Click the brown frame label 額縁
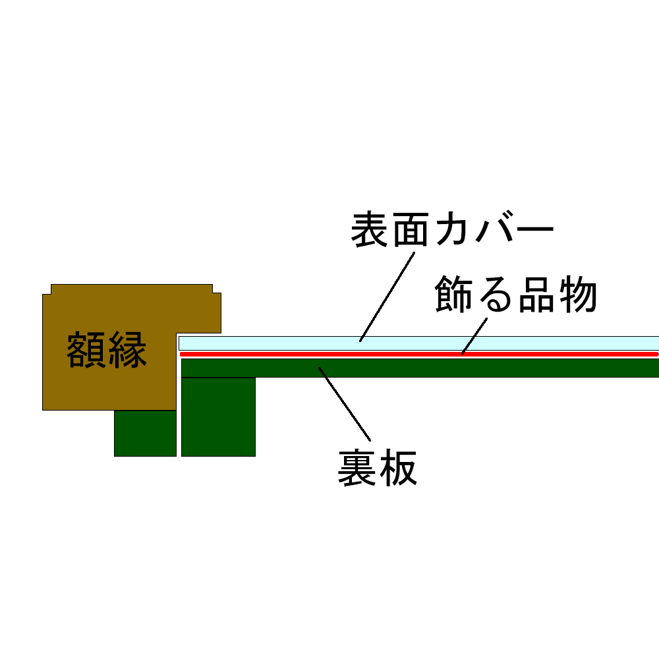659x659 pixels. [x=106, y=350]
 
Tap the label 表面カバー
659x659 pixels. [x=451, y=229]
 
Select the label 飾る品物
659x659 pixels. [x=516, y=295]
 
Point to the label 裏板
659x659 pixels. [x=377, y=469]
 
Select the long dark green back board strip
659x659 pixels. [x=461, y=368]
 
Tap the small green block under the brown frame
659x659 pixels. [x=145, y=433]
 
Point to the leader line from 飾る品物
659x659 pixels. [x=474, y=335]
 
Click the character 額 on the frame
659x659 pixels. [x=86, y=350]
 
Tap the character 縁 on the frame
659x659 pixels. [x=127, y=350]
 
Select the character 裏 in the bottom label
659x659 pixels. [x=357, y=469]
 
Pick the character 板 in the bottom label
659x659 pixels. [x=397, y=469]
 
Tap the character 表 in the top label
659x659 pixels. [x=370, y=229]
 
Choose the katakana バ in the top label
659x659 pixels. [x=492, y=229]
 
